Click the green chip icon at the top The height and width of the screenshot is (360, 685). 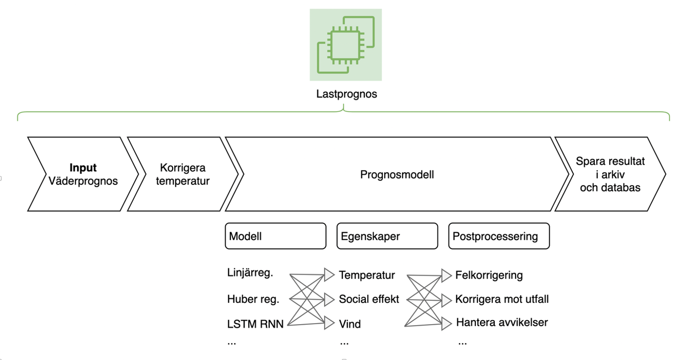pyautogui.click(x=346, y=45)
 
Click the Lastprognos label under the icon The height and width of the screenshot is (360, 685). pyautogui.click(x=346, y=94)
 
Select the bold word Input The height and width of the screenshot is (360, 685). pyautogui.click(x=83, y=168)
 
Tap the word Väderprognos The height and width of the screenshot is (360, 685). pyautogui.click(x=83, y=181)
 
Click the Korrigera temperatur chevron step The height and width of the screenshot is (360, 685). pyautogui.click(x=183, y=174)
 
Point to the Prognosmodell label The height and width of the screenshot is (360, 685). pyautogui.click(x=397, y=175)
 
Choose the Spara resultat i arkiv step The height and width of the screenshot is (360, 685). pyautogui.click(x=610, y=174)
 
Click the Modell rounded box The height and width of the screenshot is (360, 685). pyautogui.click(x=275, y=236)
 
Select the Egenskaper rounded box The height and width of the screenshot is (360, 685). pyautogui.click(x=387, y=236)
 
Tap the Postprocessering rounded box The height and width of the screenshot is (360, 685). pyautogui.click(x=499, y=236)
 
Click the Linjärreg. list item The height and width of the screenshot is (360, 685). pyautogui.click(x=250, y=273)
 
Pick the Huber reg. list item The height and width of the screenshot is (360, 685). pyautogui.click(x=253, y=299)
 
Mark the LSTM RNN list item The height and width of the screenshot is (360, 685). pyautogui.click(x=255, y=324)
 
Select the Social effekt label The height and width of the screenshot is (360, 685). pyautogui.click(x=369, y=299)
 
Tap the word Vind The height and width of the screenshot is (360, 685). pyautogui.click(x=350, y=324)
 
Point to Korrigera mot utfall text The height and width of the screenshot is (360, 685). pyautogui.click(x=502, y=299)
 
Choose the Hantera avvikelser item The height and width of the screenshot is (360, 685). pyautogui.click(x=502, y=322)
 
